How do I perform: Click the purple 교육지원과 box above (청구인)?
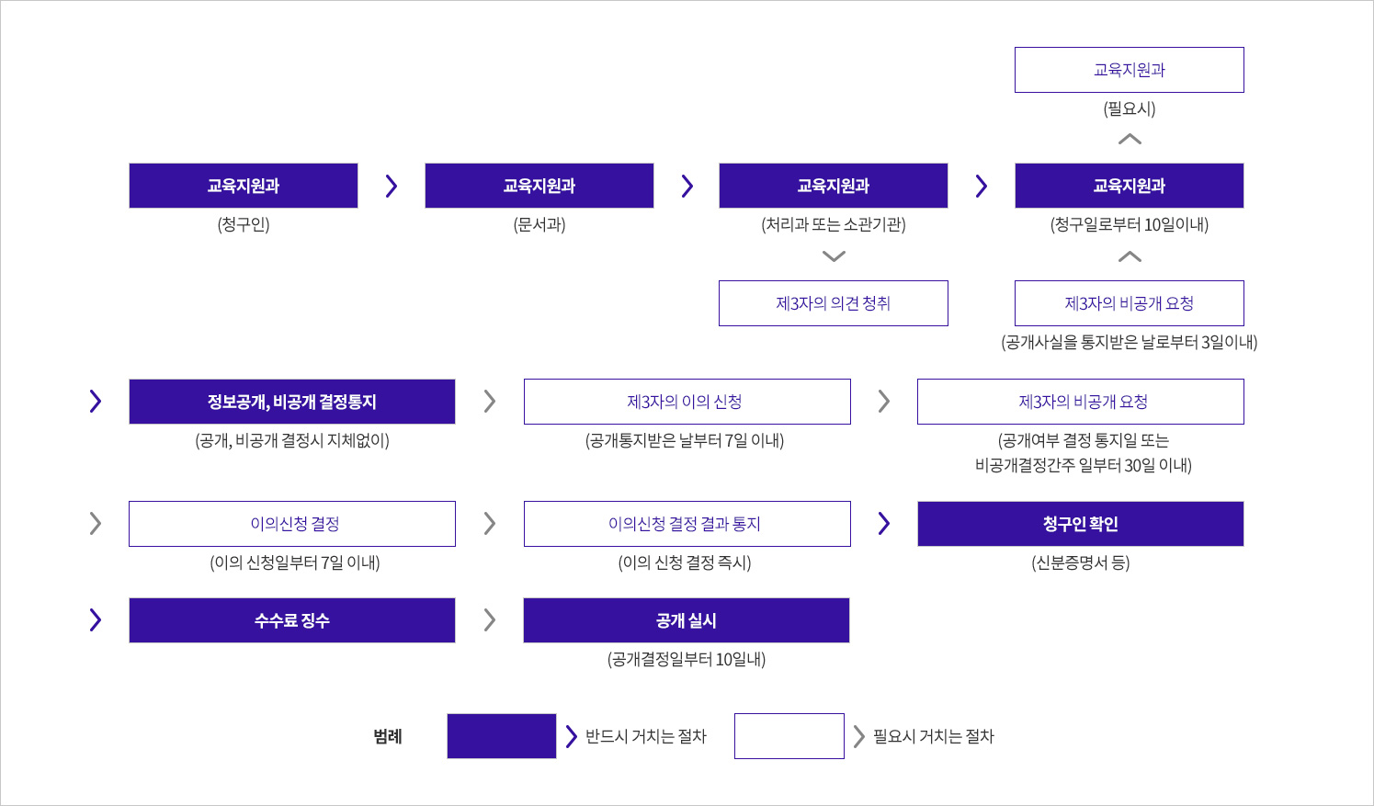[x=244, y=186]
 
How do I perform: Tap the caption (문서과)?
[x=539, y=224]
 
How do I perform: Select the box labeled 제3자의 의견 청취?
[x=834, y=303]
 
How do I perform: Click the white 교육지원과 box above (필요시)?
[x=1130, y=70]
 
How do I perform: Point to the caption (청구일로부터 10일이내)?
[x=1130, y=224]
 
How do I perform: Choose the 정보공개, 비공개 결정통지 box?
[x=292, y=401]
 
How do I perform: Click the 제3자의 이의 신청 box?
[x=687, y=401]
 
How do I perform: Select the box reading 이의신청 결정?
[x=292, y=524]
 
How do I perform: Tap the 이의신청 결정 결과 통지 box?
[x=687, y=524]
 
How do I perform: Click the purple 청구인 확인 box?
[x=1081, y=524]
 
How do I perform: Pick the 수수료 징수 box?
[x=292, y=620]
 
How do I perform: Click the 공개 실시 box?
[x=687, y=620]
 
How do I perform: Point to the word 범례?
[x=388, y=736]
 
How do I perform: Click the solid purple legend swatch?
[x=502, y=736]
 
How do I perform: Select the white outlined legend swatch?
[x=789, y=736]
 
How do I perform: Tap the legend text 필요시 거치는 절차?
[x=934, y=736]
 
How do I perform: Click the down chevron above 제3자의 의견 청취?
[x=834, y=256]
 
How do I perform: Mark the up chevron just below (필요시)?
[x=1130, y=140]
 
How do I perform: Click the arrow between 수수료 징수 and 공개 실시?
[x=490, y=620]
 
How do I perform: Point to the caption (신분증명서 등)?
[x=1081, y=562]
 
